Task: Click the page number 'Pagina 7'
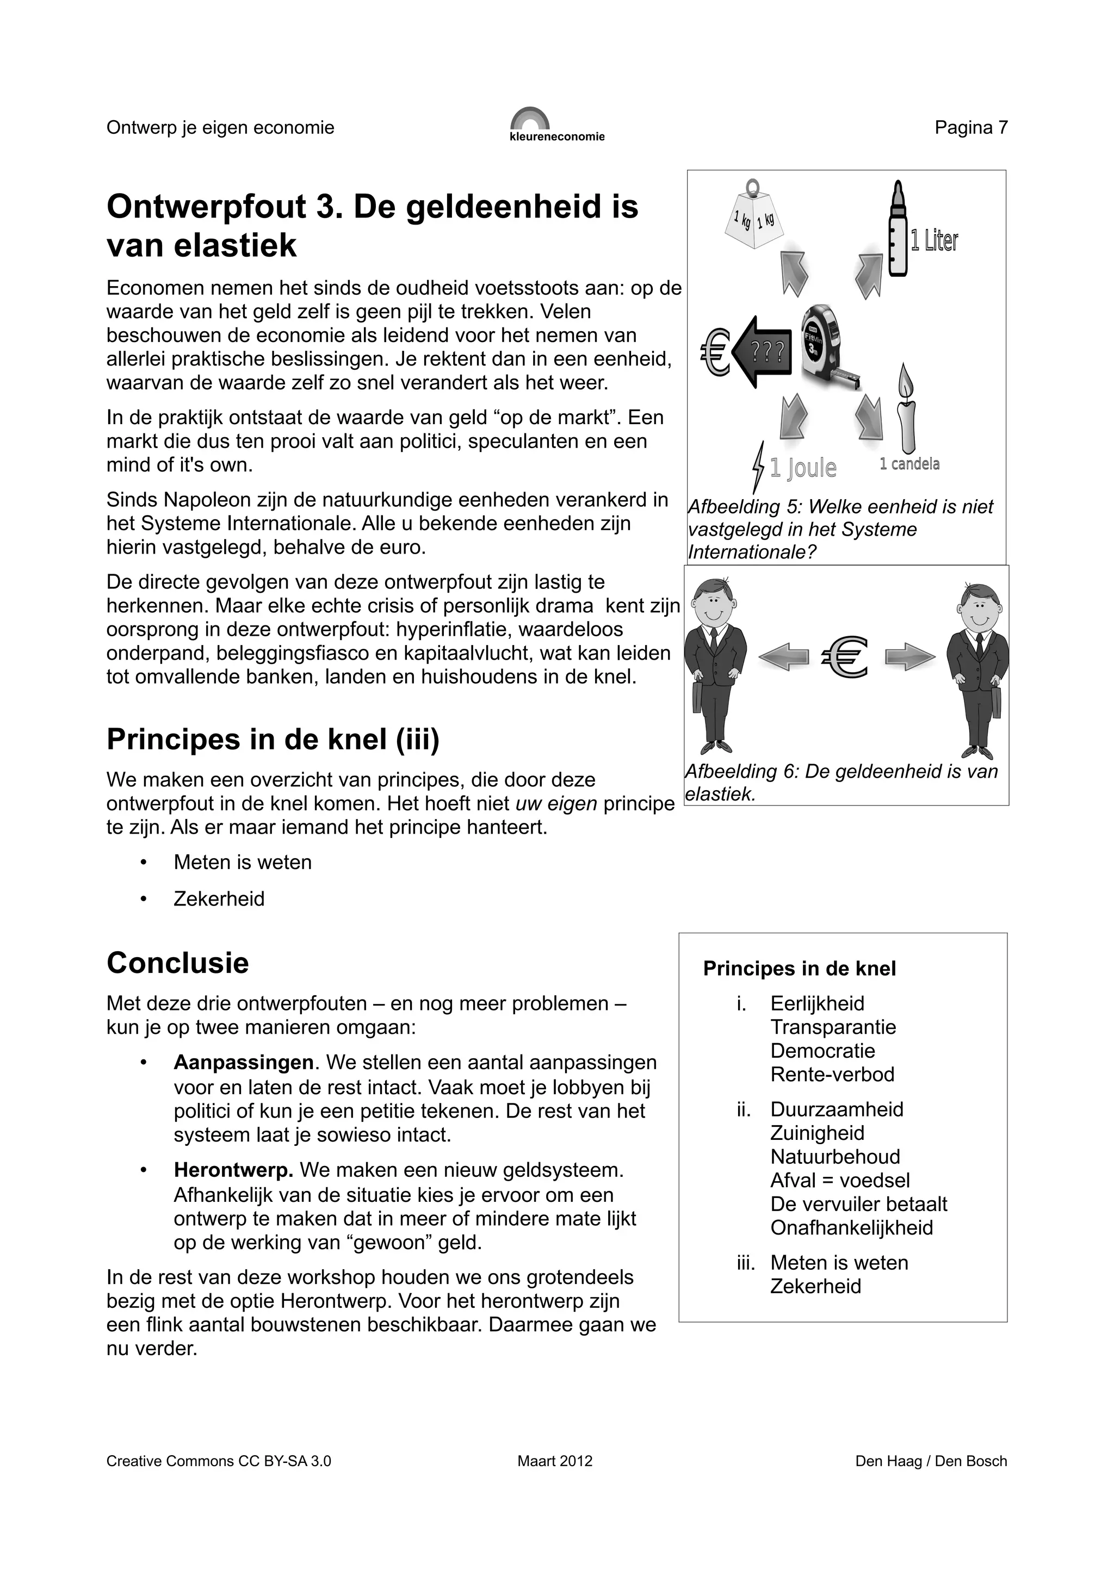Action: (970, 128)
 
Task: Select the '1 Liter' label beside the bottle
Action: (933, 241)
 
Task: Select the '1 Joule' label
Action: (802, 468)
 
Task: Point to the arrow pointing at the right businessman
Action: (909, 657)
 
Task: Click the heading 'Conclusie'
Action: (177, 963)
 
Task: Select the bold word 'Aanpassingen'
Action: (243, 1063)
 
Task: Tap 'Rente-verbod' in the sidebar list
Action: (832, 1074)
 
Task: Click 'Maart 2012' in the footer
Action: (555, 1461)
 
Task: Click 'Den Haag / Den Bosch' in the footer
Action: (931, 1461)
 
